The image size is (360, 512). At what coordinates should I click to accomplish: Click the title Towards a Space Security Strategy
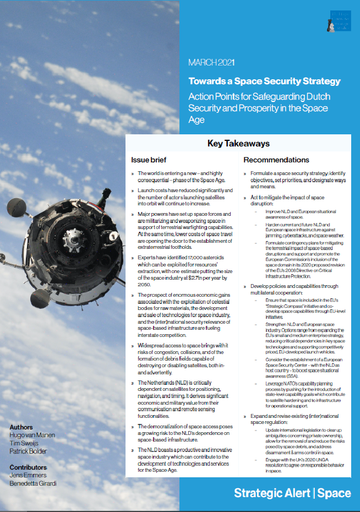pos(264,81)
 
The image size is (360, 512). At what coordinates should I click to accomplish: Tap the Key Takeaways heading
pos(238,144)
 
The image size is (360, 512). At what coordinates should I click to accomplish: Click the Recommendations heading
pos(276,160)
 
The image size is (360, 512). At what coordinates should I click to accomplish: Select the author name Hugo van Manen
pos(32,435)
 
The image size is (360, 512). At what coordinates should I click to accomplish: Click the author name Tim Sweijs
pos(25,443)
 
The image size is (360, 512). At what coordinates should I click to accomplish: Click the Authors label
pos(21,427)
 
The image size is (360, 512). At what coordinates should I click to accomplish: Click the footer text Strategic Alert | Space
pos(292,493)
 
